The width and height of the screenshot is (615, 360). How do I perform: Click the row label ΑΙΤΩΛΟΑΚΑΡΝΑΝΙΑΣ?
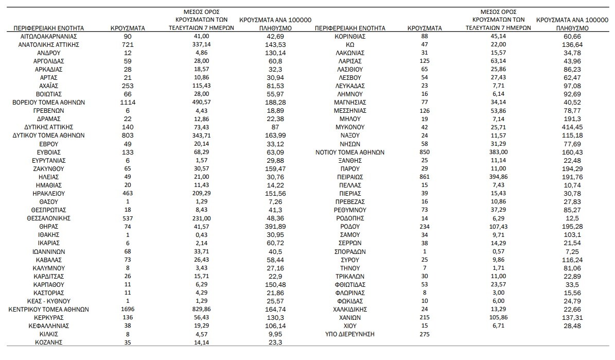tap(49, 36)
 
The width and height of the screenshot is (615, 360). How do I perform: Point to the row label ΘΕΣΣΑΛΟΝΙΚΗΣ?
tap(49, 218)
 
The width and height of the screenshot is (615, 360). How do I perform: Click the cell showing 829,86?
tap(201, 310)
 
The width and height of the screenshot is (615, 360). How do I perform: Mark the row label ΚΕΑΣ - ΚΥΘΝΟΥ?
tap(49, 301)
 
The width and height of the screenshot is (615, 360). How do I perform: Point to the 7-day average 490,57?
tap(201, 102)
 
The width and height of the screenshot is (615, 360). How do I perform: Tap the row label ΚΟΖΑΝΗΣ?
tap(49, 342)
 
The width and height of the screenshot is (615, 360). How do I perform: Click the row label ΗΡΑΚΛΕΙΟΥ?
tap(49, 194)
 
